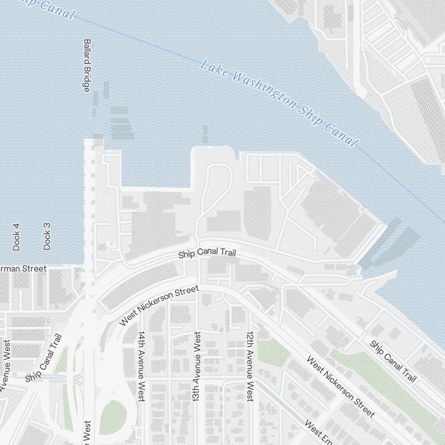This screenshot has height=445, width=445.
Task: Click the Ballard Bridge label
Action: (x=87, y=65)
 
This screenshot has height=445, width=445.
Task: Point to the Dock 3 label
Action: (x=47, y=236)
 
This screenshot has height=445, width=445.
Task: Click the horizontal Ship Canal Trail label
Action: (x=207, y=253)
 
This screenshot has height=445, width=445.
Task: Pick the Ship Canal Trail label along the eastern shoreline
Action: (x=393, y=361)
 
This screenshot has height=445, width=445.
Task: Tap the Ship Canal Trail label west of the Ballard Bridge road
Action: (x=43, y=358)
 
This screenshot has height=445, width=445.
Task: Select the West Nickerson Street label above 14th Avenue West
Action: (x=159, y=306)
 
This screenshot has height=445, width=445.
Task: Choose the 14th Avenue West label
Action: (x=142, y=366)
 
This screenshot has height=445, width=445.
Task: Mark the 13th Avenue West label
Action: (x=196, y=366)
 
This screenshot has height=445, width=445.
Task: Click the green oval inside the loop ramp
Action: (x=112, y=417)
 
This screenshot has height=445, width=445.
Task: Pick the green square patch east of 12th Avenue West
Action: (x=272, y=352)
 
